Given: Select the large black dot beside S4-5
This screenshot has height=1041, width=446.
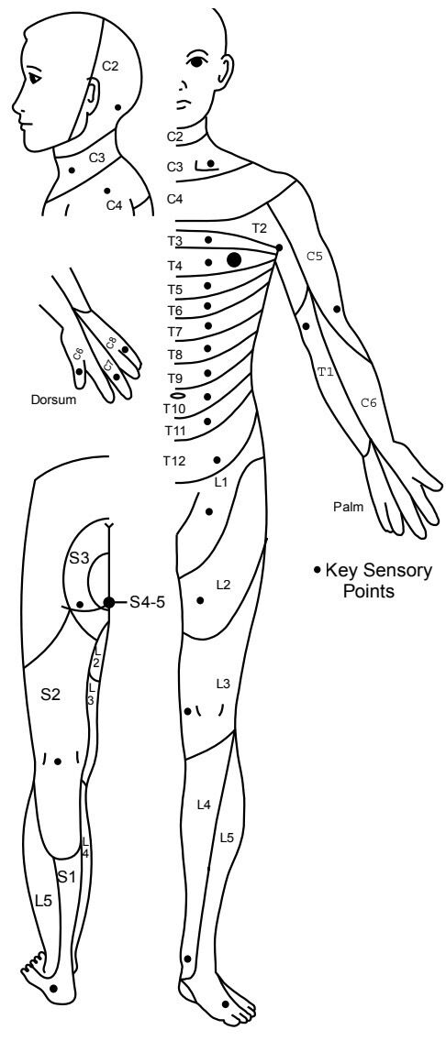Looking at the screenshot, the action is pos(109,602).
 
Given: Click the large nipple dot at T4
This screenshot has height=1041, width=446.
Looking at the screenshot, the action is pos(234,259).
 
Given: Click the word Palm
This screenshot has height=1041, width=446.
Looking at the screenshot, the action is pos(349,508).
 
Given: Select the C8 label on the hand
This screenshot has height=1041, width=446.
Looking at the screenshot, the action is pos(111,344).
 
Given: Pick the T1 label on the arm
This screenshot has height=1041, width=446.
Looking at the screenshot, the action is pos(324,372).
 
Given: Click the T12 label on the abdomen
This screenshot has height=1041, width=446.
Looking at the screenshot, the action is pos(175,460).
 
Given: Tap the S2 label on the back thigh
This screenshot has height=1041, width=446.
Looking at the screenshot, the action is pos(50,696).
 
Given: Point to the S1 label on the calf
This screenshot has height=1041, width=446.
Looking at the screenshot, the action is pos(66,876).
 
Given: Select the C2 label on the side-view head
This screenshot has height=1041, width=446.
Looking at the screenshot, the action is pos(110,66).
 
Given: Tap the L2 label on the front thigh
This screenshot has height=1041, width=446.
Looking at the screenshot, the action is pos(223,585).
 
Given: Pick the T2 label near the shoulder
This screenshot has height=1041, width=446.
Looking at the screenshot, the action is pos(259,228).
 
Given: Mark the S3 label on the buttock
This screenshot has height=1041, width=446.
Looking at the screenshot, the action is pos(80,558).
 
